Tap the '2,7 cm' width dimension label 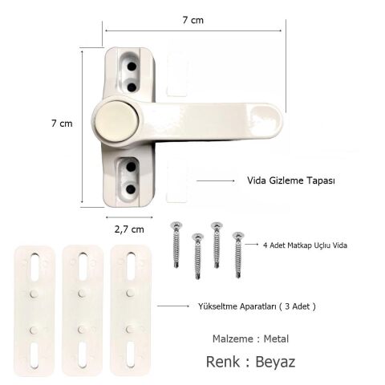[x=128, y=229]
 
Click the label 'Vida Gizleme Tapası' [x=290, y=182]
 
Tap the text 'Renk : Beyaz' [x=251, y=362]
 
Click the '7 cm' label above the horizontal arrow [x=192, y=20]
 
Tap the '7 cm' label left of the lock [x=62, y=124]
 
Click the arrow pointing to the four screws [x=253, y=245]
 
